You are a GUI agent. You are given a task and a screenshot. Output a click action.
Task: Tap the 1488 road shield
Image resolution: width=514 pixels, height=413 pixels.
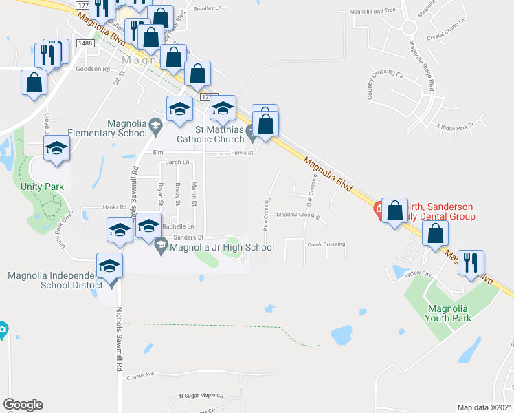click(85, 43)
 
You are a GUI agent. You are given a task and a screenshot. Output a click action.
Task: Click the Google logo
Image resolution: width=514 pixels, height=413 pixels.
click(23, 405)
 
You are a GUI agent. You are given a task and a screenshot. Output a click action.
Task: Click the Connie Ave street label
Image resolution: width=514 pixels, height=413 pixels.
click(141, 375)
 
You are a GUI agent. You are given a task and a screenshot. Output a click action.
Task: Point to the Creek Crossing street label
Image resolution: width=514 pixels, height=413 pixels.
click(326, 244)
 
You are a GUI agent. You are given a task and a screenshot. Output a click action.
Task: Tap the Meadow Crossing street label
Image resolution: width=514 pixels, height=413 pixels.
click(298, 215)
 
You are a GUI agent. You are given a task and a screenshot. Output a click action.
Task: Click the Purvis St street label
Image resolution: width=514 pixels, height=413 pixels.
click(243, 153)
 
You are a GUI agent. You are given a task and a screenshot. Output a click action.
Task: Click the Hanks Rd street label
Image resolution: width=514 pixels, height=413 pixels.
click(115, 207)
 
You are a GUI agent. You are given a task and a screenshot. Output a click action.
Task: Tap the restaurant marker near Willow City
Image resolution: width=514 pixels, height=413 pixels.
click(471, 264)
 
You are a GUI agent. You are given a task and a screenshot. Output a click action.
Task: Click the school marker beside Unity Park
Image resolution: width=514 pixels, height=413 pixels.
click(56, 148)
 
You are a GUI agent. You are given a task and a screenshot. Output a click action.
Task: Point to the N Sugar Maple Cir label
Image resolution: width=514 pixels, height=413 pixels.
click(201, 396)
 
